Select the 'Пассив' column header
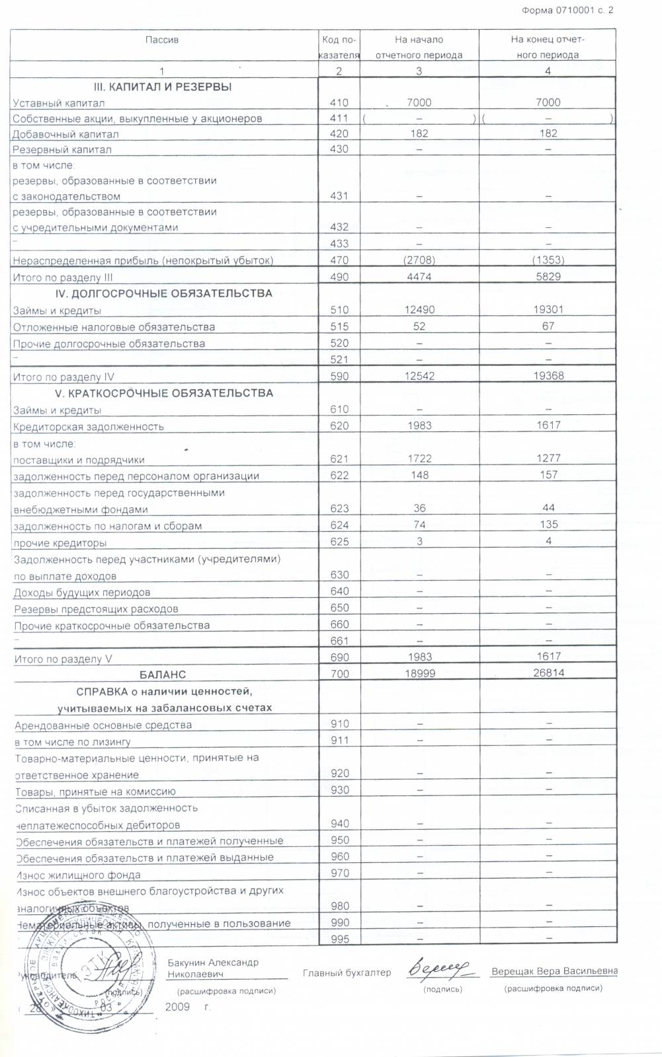point(162,40)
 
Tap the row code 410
point(339,102)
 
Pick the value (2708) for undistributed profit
point(419,260)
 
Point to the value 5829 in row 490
point(548,277)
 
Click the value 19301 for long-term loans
point(548,309)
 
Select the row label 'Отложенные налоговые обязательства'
point(114,327)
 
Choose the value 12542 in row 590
point(419,376)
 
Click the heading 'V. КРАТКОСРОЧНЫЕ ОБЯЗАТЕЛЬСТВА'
point(163,393)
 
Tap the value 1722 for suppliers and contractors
point(419,458)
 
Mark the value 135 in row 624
point(548,525)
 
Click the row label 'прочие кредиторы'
point(60,543)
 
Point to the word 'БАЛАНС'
point(163,674)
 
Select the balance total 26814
point(548,673)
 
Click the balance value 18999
point(419,673)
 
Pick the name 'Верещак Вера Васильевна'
point(554,971)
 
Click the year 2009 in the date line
point(177,1007)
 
